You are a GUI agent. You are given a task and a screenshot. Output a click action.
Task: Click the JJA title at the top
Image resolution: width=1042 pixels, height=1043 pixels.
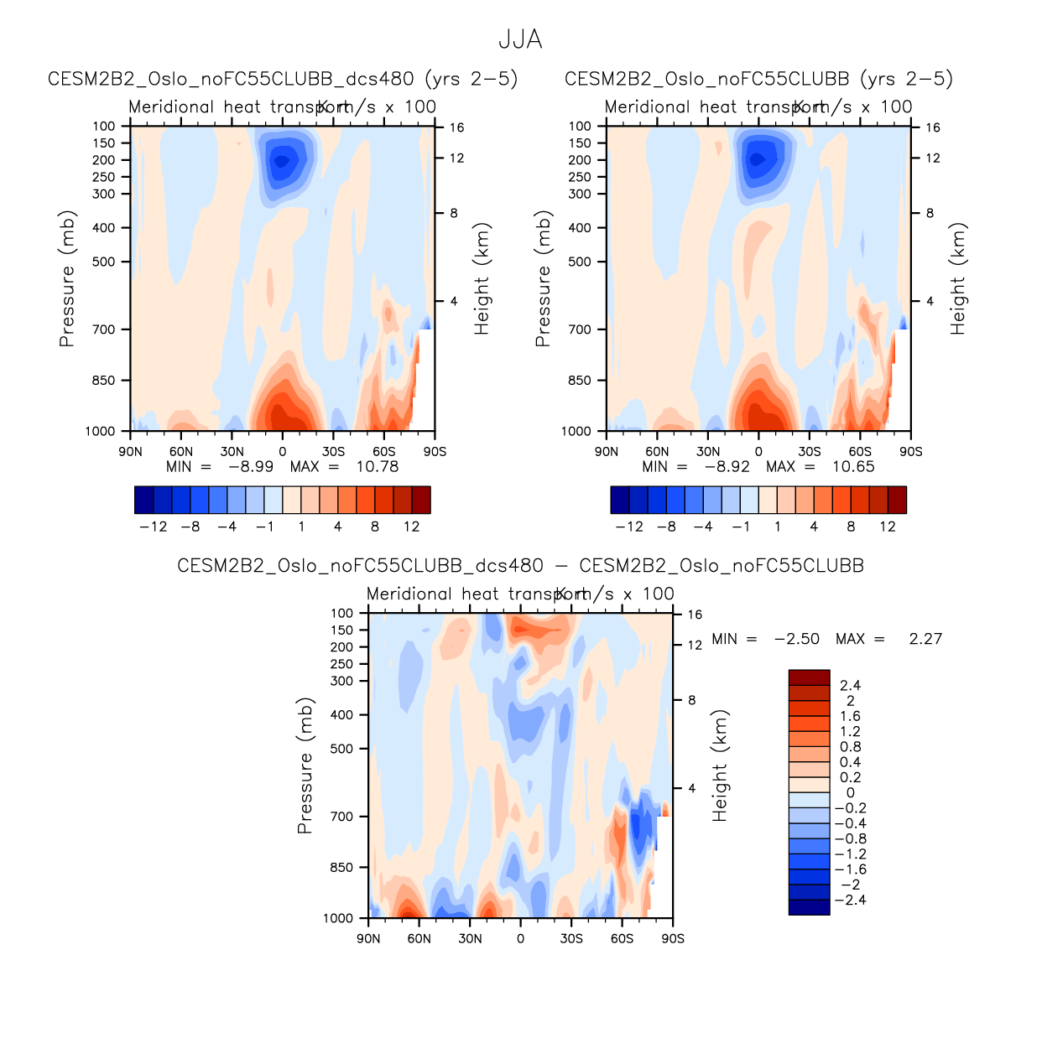[520, 39]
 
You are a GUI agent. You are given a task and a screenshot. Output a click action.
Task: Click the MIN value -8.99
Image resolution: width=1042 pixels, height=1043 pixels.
[251, 467]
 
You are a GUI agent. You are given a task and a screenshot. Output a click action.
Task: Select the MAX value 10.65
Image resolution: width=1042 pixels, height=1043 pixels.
[853, 467]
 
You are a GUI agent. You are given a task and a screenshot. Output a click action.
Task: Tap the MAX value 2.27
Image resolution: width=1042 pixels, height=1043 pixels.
[925, 639]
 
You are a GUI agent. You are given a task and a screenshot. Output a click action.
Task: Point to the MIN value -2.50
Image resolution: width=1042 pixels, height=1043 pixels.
[796, 639]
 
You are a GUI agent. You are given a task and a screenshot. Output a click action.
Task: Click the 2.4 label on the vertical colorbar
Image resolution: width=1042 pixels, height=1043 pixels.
[850, 686]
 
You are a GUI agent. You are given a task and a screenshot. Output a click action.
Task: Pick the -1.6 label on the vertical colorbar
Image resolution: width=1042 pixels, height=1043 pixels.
[850, 869]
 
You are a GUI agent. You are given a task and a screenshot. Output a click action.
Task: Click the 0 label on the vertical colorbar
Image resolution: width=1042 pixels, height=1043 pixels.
[850, 793]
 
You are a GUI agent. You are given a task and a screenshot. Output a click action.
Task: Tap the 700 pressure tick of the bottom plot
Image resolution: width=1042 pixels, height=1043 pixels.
[342, 817]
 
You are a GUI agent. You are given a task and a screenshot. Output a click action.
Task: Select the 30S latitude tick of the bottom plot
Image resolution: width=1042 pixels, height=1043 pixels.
[571, 939]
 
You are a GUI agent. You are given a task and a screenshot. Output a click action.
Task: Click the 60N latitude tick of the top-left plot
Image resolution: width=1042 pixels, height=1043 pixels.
[181, 452]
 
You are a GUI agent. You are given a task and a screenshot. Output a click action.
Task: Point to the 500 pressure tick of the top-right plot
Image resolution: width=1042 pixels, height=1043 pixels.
[580, 262]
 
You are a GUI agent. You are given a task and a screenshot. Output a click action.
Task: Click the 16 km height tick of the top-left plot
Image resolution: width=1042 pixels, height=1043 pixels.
[456, 127]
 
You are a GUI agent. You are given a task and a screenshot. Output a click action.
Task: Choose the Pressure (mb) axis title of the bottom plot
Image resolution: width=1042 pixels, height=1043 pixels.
[305, 765]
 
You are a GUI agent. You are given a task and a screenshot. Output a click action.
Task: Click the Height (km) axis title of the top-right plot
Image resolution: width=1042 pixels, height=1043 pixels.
[958, 278]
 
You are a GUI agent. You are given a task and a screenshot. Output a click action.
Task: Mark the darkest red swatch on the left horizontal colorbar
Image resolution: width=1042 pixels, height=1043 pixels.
[421, 500]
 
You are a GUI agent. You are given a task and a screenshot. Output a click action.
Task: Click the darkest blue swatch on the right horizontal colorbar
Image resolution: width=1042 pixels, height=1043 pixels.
[620, 500]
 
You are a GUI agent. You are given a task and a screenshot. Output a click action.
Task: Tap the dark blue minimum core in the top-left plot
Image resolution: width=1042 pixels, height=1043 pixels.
[281, 160]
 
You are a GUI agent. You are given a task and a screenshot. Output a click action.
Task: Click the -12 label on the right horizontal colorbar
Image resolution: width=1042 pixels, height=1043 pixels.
[629, 527]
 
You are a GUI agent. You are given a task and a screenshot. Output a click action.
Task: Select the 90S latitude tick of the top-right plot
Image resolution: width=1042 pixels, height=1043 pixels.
[910, 452]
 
